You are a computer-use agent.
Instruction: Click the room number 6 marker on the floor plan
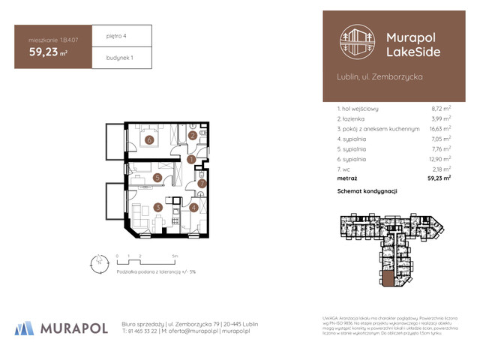coord(149,139)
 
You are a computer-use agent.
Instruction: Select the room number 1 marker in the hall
coord(191,159)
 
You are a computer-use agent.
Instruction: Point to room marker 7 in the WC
coord(201,183)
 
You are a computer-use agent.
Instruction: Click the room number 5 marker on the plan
coord(157,178)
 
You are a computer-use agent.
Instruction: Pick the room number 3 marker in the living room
coord(157,208)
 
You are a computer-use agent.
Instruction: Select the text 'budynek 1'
coord(110,57)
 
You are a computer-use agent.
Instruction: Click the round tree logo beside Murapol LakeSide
coord(355,42)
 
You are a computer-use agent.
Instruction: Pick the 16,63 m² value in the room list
coord(439,129)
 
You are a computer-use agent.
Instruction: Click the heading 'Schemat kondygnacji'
coord(367,191)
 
